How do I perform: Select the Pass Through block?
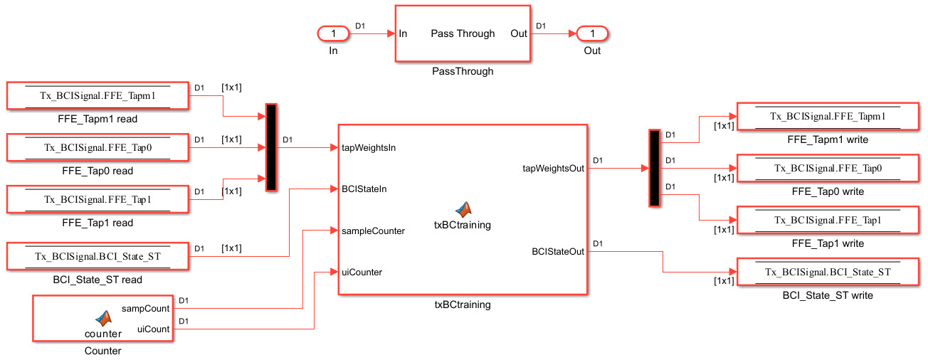[462, 34]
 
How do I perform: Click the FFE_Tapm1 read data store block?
[97, 95]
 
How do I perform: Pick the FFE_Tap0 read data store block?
[97, 147]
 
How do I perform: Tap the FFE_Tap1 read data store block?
[97, 199]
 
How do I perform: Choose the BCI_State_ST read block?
[97, 255]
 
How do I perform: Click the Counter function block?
[103, 318]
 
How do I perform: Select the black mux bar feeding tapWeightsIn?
[271, 147]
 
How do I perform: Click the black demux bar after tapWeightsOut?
[655, 168]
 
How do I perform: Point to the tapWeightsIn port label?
[369, 148]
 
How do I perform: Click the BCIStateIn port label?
[364, 189]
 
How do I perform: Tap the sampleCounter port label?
[373, 231]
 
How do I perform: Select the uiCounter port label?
[362, 272]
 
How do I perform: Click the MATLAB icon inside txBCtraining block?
[464, 209]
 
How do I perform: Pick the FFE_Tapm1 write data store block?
[828, 116]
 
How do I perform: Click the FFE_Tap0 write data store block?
[828, 168]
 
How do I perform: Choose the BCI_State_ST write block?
[828, 272]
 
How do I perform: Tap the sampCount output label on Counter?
[145, 309]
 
